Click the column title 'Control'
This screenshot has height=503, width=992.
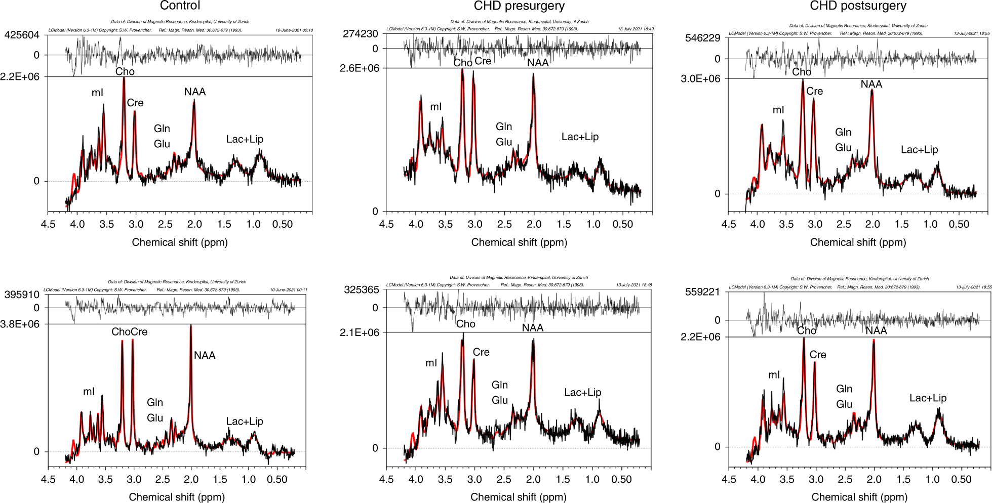(180, 6)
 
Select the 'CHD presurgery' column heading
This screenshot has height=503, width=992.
(519, 6)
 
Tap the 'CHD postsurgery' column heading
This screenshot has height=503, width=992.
(858, 6)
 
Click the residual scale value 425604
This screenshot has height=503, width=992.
(22, 35)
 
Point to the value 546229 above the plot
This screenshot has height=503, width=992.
(702, 38)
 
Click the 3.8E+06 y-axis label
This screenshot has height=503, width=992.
(20, 324)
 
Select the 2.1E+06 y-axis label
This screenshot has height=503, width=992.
(359, 332)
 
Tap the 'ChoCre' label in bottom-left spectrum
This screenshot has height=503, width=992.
(130, 332)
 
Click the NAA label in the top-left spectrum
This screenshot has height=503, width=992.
(195, 92)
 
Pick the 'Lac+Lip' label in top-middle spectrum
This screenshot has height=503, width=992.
(580, 137)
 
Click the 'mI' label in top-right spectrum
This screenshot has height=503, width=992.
(778, 110)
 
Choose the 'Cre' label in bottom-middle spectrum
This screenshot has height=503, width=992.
(481, 352)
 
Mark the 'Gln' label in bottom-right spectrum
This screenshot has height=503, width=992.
(844, 389)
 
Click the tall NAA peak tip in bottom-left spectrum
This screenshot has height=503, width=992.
(191, 325)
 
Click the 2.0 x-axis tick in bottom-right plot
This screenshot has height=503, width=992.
(875, 479)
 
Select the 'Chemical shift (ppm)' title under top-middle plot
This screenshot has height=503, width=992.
(519, 242)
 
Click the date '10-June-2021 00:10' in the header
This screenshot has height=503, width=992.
(294, 30)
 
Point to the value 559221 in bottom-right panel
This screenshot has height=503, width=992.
(702, 292)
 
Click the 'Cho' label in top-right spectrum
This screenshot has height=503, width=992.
(802, 72)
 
